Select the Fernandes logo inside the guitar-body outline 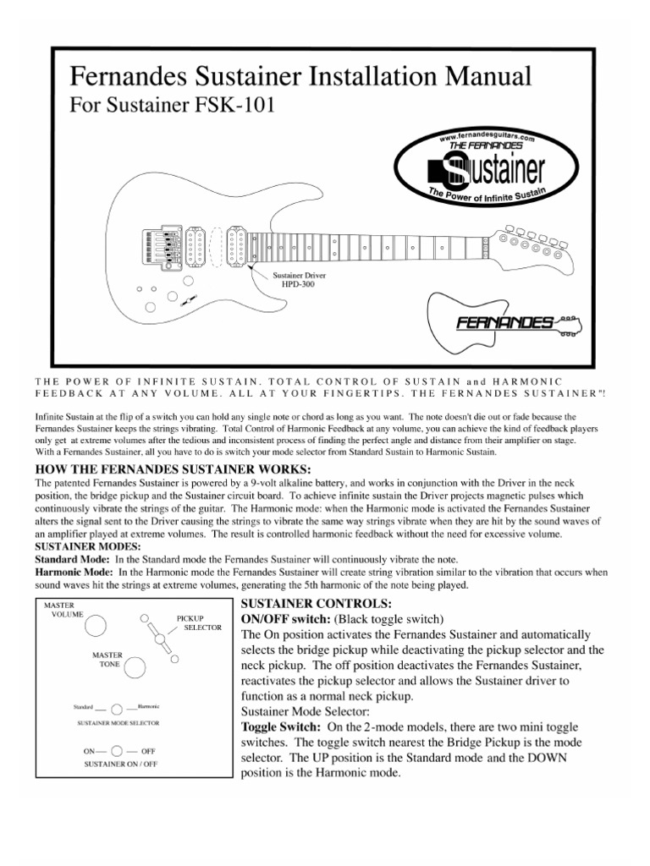[x=505, y=322]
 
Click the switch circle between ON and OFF [x=118, y=749]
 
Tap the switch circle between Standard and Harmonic [x=117, y=707]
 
